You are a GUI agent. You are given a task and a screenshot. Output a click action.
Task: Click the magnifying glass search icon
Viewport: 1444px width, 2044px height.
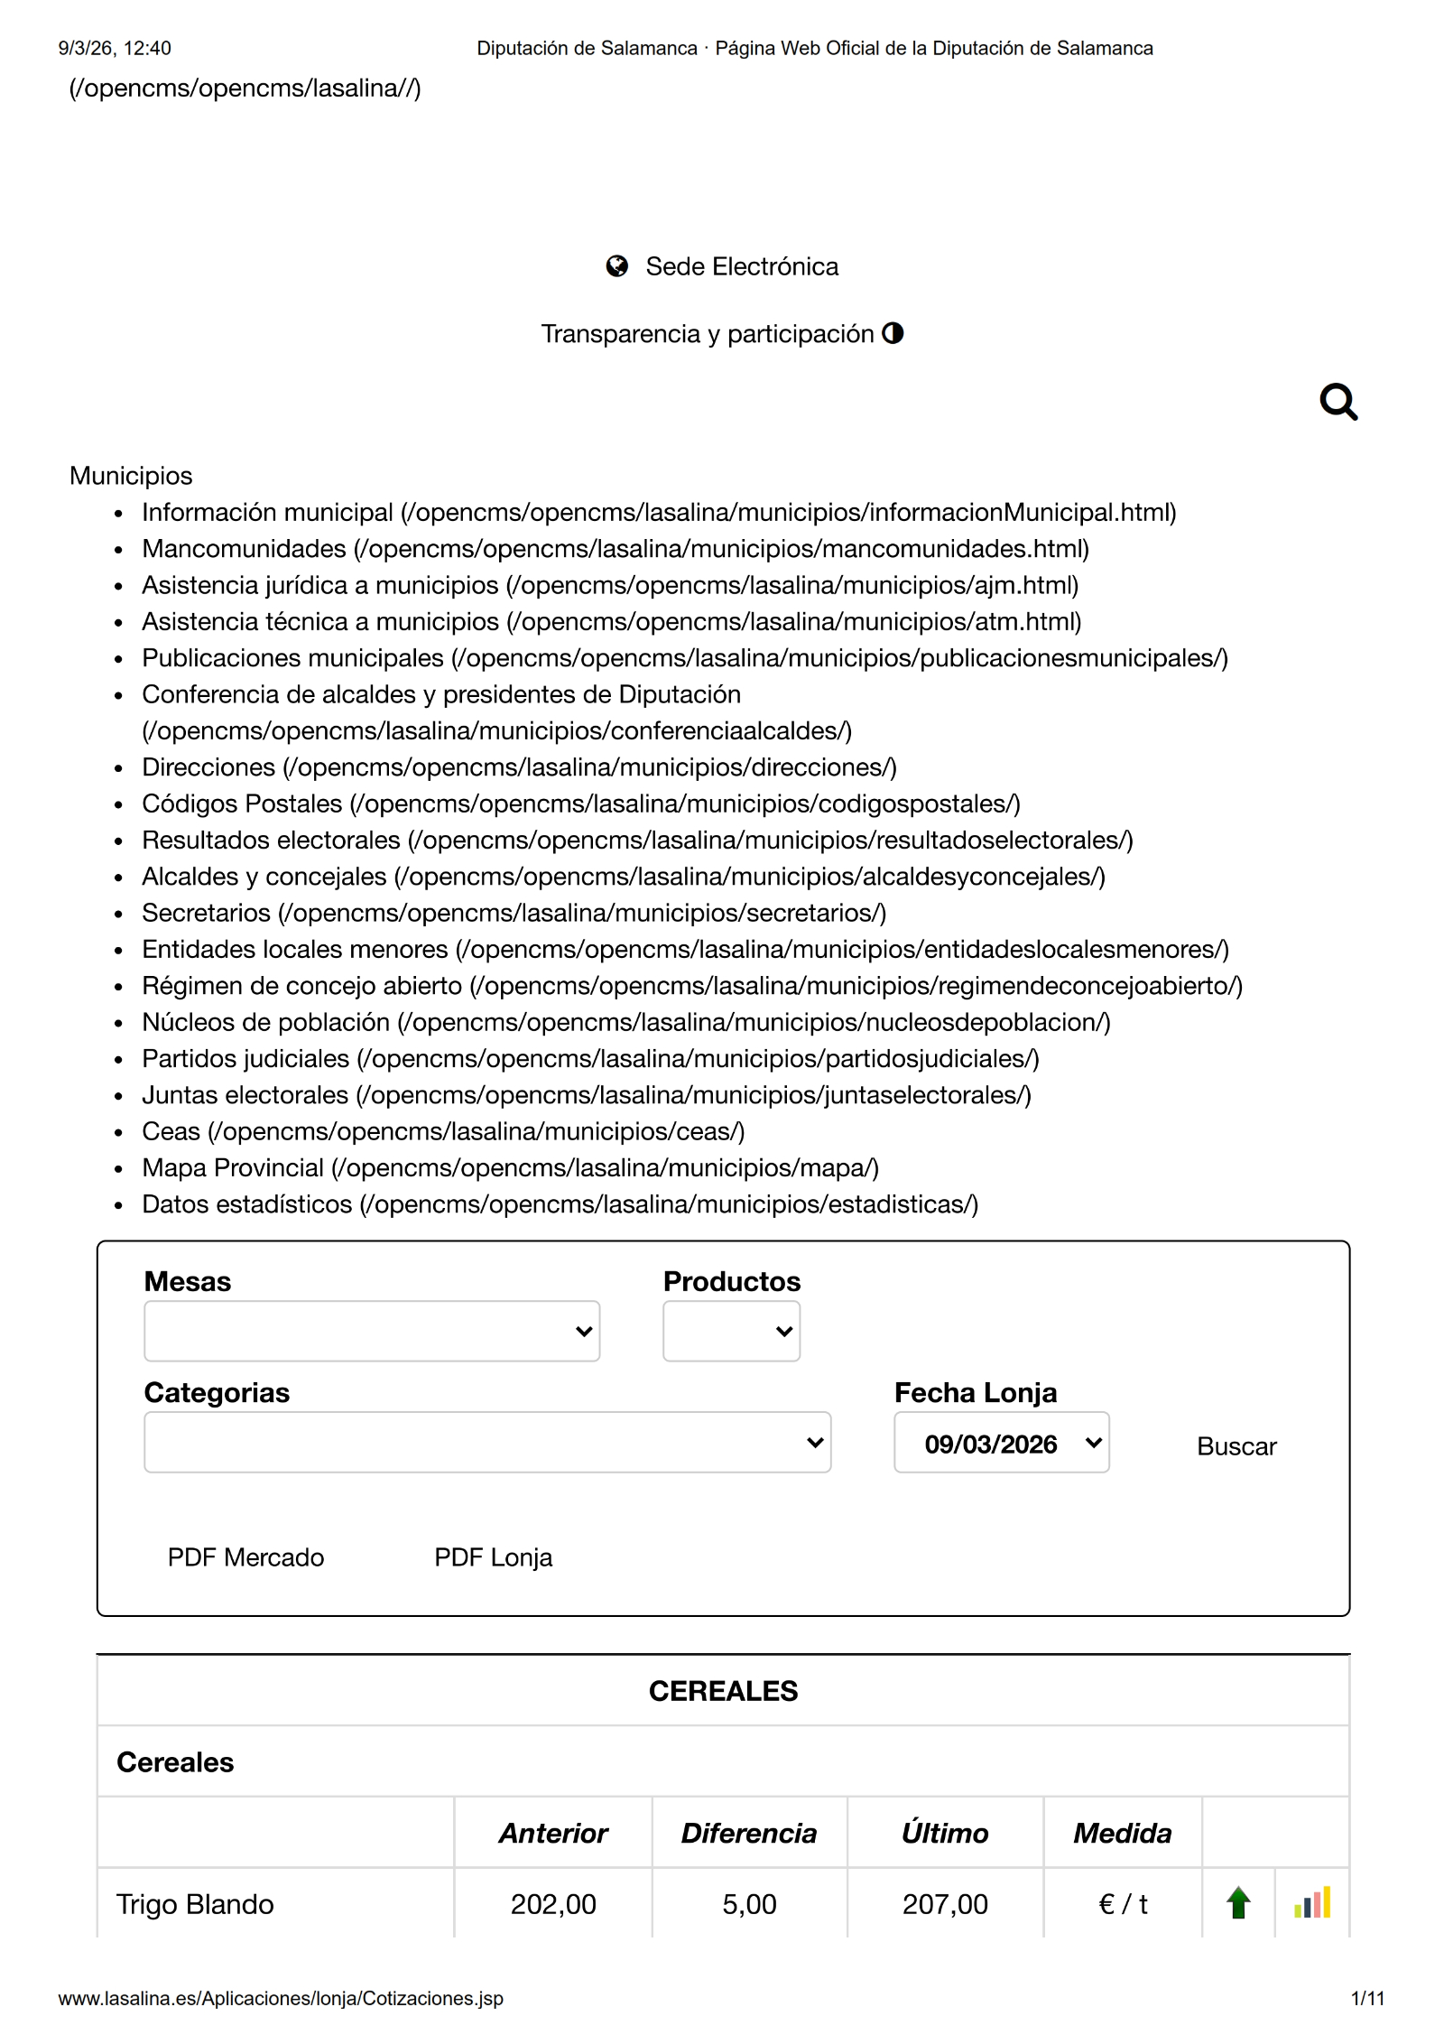pyautogui.click(x=1338, y=402)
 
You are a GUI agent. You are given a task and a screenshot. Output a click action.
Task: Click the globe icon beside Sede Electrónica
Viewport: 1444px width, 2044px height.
pyautogui.click(x=616, y=266)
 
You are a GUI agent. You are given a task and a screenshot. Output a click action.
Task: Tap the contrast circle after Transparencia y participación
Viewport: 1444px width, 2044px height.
pyautogui.click(x=893, y=333)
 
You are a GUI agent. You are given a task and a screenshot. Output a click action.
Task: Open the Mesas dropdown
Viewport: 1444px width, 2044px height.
pyautogui.click(x=371, y=1331)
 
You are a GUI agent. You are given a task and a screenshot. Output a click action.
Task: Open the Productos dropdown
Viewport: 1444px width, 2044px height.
pyautogui.click(x=730, y=1331)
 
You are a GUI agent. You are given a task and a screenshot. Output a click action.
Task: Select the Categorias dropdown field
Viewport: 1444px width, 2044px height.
pyautogui.click(x=486, y=1442)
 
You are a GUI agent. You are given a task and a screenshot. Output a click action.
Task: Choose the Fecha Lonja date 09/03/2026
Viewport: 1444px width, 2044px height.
pyautogui.click(x=1001, y=1443)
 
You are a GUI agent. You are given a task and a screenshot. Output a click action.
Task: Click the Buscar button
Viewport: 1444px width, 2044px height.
pyautogui.click(x=1236, y=1446)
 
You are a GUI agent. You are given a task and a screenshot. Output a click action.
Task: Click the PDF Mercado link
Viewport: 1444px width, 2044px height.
pyautogui.click(x=245, y=1557)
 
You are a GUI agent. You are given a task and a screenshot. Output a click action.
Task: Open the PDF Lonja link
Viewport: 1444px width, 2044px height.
pyautogui.click(x=493, y=1557)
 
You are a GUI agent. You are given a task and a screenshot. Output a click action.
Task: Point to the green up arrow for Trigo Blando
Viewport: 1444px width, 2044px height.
pyautogui.click(x=1238, y=1903)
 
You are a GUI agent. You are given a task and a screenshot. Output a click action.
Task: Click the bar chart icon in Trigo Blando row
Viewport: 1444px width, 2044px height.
pyautogui.click(x=1311, y=1903)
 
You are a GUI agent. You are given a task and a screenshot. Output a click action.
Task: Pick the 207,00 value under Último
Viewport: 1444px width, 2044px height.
pyautogui.click(x=944, y=1904)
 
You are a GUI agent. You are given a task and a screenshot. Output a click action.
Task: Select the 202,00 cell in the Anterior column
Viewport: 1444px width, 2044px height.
pyautogui.click(x=553, y=1904)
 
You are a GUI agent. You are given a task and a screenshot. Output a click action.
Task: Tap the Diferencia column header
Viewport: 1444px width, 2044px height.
pyautogui.click(x=748, y=1833)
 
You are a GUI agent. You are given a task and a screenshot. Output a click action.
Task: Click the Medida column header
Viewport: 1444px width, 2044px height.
pyautogui.click(x=1122, y=1833)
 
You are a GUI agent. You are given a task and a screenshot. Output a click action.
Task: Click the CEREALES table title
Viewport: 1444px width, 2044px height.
pyautogui.click(x=723, y=1691)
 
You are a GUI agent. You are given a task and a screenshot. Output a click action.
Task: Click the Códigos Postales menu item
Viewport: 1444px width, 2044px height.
pyautogui.click(x=242, y=804)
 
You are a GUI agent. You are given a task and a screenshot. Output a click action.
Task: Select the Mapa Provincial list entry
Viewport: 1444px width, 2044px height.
pyautogui.click(x=233, y=1167)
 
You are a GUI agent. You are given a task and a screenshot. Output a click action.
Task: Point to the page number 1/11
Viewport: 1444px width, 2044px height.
pyautogui.click(x=1366, y=1999)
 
